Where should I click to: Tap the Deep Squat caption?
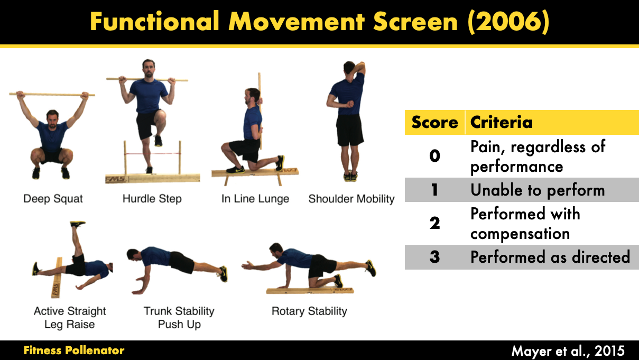[x=53, y=199]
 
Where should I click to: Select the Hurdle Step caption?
[x=152, y=199]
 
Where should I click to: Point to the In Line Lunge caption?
[x=255, y=199]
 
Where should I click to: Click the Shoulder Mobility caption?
[x=351, y=199]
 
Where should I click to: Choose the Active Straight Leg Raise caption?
[x=69, y=317]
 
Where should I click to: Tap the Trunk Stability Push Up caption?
[x=179, y=317]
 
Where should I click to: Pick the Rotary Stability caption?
[x=309, y=311]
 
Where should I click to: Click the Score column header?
[x=434, y=123]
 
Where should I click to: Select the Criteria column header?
[x=501, y=123]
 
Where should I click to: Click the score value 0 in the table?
[x=434, y=156]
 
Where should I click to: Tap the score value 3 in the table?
[x=434, y=257]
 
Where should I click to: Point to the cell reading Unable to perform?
[x=538, y=190]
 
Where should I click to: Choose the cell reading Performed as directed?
[x=550, y=257]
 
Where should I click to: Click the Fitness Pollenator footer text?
[x=74, y=350]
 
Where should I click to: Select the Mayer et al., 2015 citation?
[x=568, y=350]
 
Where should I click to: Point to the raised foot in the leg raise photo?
[x=77, y=225]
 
